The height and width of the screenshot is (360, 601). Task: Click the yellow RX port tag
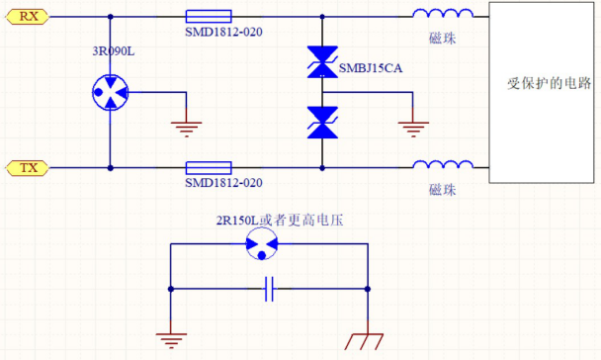tap(29, 16)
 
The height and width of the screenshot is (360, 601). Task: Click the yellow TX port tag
tap(29, 168)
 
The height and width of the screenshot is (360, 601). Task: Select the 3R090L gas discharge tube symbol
tap(110, 93)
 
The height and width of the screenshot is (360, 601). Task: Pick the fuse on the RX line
tap(209, 17)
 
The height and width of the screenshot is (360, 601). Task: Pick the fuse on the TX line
tap(209, 168)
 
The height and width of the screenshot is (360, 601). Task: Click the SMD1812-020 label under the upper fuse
tap(223, 32)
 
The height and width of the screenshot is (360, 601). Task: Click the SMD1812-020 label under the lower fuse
tap(223, 183)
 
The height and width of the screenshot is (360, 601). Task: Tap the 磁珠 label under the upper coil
tap(442, 36)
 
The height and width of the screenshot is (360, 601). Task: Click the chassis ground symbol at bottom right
tap(367, 340)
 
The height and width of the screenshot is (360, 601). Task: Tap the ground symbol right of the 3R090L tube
tap(183, 123)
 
